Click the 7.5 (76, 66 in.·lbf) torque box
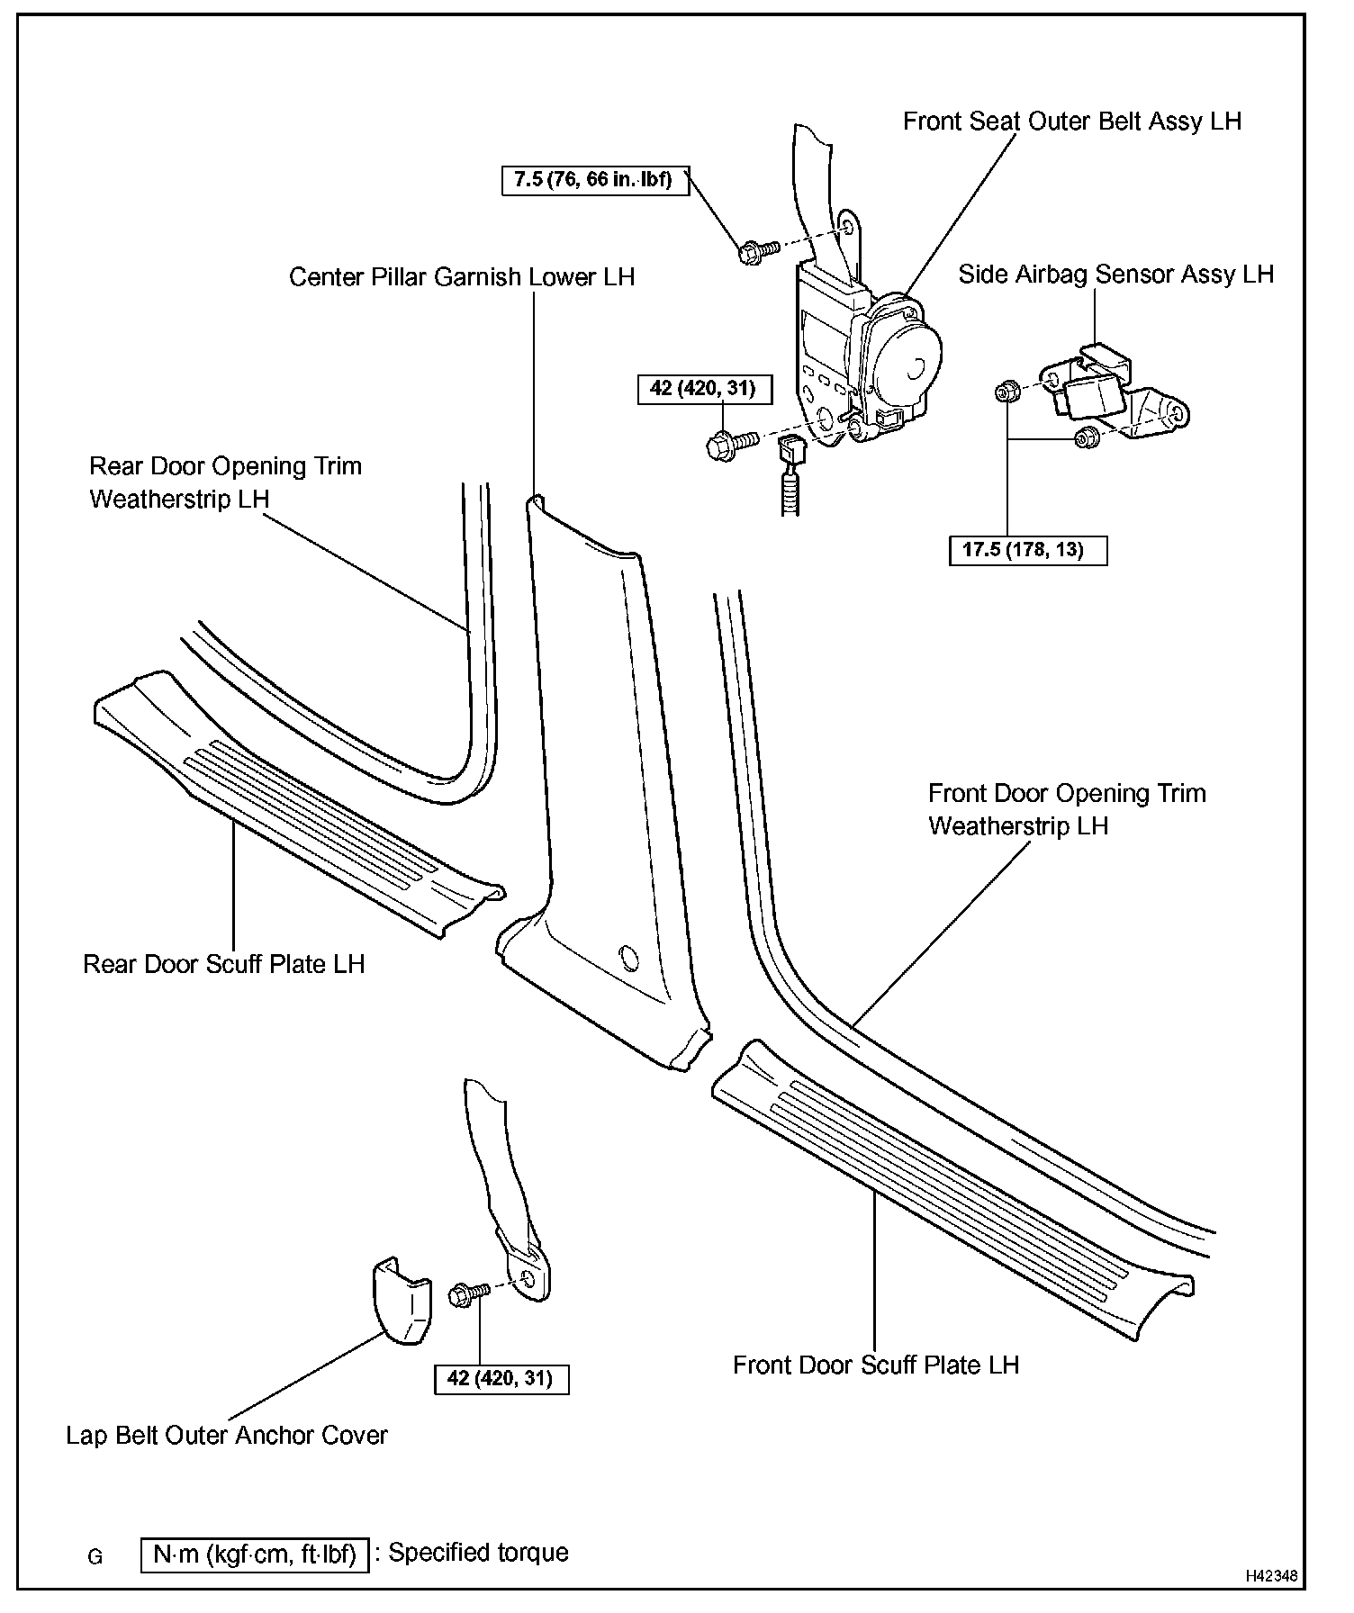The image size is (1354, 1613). coord(593,180)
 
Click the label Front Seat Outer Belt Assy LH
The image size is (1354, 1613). coord(1071,122)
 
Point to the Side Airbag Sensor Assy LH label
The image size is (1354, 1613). coord(1115,275)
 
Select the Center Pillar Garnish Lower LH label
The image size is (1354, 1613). coord(461,277)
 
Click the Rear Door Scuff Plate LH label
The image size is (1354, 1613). coord(223,964)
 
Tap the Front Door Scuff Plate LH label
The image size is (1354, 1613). coord(875,1365)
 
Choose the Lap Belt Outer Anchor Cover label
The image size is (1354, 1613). coord(226,1435)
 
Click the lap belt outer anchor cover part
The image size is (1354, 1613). coord(401,1300)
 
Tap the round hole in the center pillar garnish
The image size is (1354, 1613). coord(629,958)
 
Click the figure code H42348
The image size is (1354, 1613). coord(1271,1576)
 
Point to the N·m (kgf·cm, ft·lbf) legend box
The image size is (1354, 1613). coord(255,1554)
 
